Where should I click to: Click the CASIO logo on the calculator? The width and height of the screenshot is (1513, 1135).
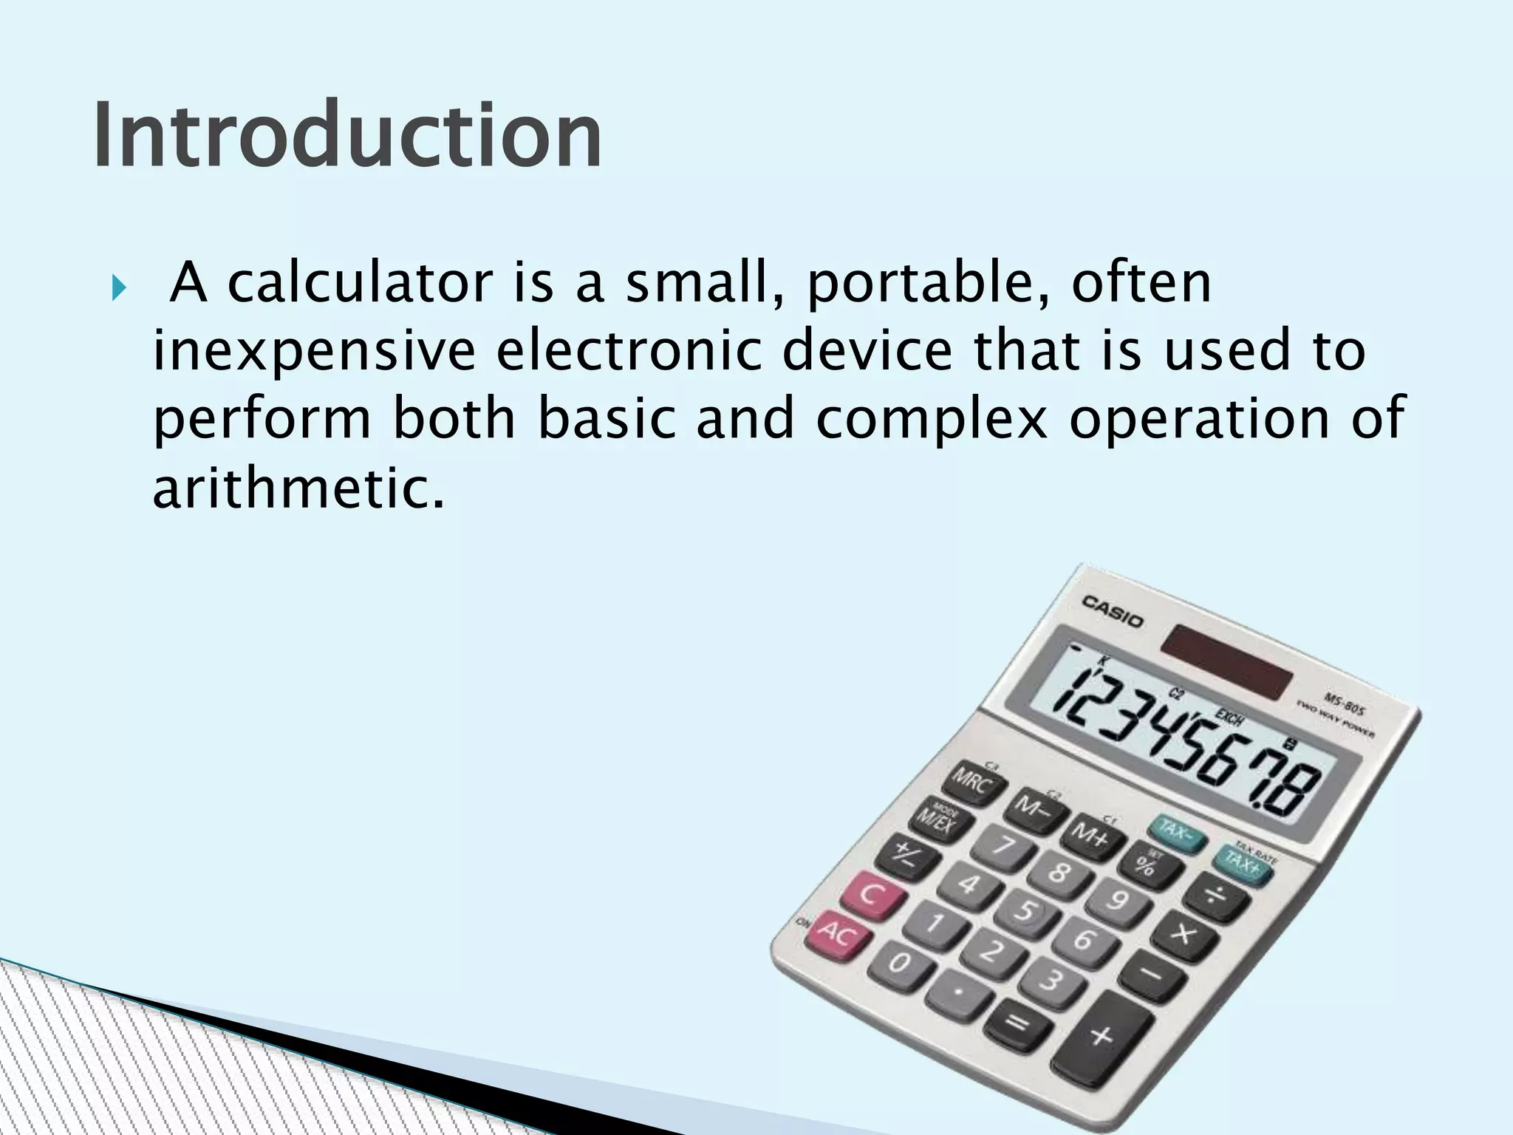coord(1113,610)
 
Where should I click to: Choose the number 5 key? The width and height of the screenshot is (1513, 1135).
coord(1025,911)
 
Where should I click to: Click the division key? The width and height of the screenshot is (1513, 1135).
coord(1215,899)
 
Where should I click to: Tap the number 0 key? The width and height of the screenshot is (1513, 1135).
coord(898,964)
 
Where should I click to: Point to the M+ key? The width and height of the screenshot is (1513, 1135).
coord(1093,836)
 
